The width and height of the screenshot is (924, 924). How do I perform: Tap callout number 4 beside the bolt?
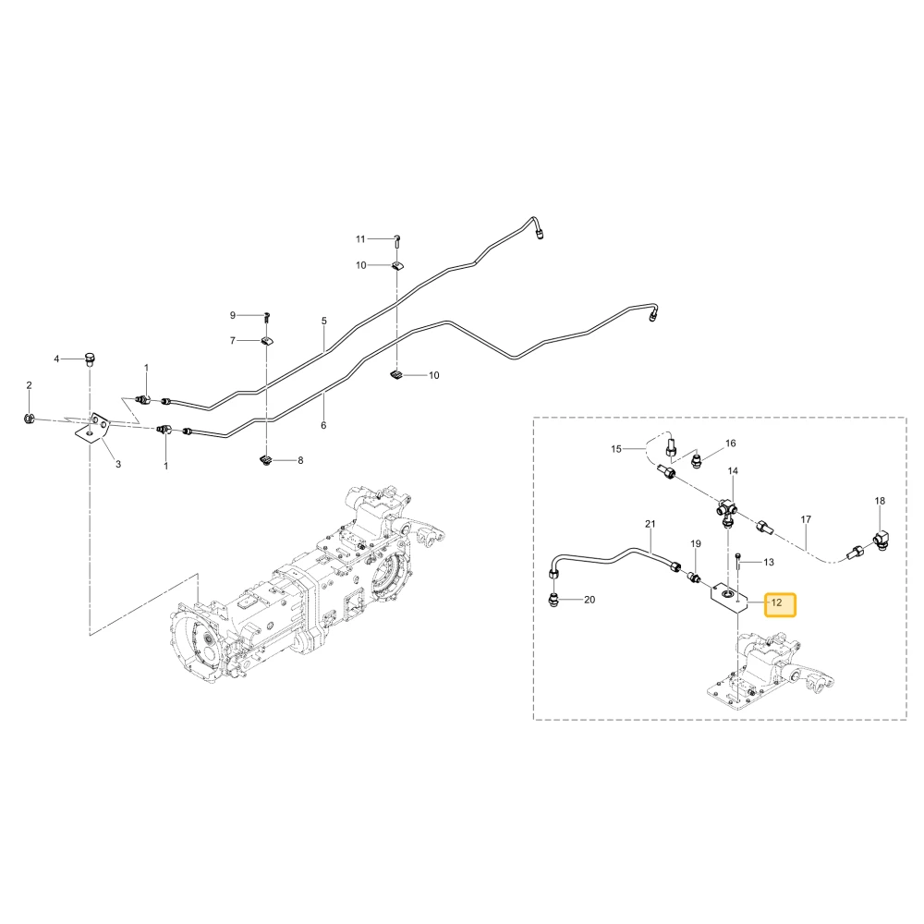point(56,359)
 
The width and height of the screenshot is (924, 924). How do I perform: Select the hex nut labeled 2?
point(28,419)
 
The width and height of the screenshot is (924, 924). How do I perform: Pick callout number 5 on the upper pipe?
point(324,322)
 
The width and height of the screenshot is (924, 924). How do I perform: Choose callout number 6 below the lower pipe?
point(323,425)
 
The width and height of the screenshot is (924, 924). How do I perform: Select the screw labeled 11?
point(397,238)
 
